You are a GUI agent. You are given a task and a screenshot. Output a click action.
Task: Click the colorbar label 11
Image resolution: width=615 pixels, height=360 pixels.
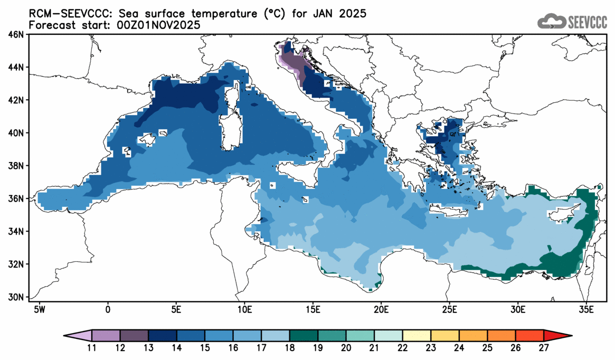[x=92, y=347]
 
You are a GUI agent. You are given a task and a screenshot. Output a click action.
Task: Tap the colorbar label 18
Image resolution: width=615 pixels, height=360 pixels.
[x=289, y=347]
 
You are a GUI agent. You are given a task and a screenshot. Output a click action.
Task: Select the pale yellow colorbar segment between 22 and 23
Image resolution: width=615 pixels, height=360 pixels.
[x=417, y=335]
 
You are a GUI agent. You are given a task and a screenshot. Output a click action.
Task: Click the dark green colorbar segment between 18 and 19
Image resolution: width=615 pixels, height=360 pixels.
[x=304, y=335]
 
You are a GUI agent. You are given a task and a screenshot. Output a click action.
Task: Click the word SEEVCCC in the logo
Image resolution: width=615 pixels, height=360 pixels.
[x=588, y=22]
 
